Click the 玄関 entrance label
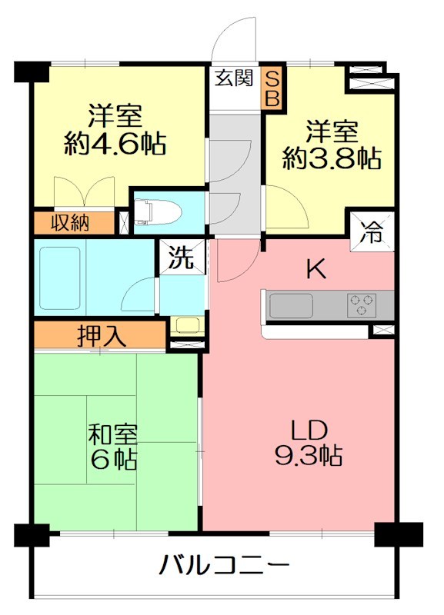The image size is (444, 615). point(234,78)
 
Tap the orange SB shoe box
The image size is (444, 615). point(273,88)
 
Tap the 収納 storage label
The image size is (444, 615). point(70,223)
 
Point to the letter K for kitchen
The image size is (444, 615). point(316,269)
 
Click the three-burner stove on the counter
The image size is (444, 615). point(361,305)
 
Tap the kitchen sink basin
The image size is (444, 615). point(291,305)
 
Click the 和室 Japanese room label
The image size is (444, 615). point(113,434)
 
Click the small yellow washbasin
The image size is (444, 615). point(184,324)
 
